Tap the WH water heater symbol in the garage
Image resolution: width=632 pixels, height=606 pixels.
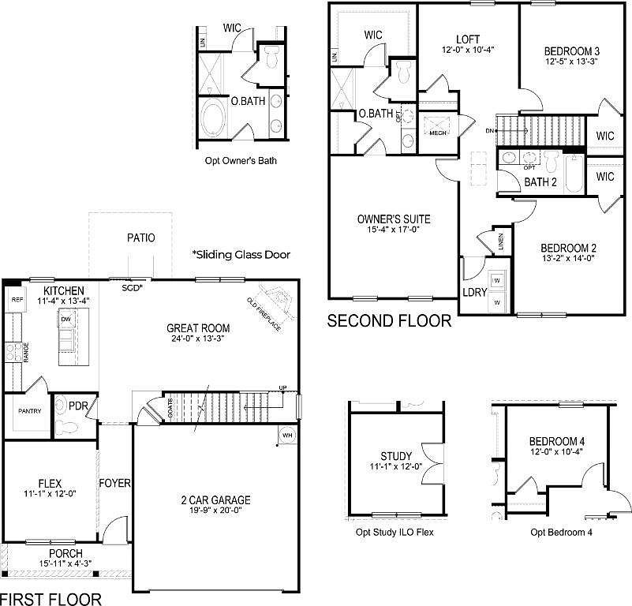[x=288, y=435]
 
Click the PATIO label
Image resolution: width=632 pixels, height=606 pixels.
[x=141, y=238]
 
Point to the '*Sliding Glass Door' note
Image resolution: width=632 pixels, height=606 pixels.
[x=241, y=255]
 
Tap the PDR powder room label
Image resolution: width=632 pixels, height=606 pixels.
[x=78, y=406]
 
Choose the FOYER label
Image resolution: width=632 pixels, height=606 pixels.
[x=114, y=483]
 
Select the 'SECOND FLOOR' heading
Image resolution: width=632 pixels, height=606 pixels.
[x=389, y=321]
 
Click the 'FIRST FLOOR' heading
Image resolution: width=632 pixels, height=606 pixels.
[x=51, y=599]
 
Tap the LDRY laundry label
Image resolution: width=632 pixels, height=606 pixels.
[x=473, y=293]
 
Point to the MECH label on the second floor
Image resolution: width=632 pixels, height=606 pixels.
[x=437, y=133]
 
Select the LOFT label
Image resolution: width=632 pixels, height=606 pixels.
[x=468, y=39]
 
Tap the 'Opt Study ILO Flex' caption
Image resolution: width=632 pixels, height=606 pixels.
[x=395, y=532]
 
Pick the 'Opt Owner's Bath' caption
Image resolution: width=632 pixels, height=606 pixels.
[x=241, y=161]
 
